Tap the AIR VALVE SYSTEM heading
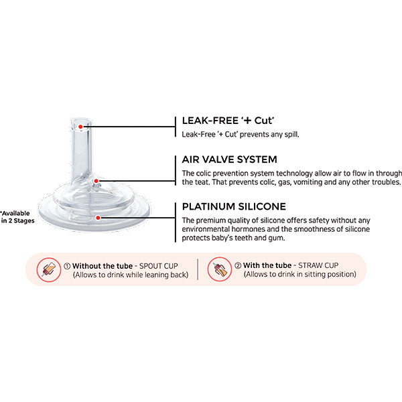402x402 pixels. click(x=229, y=160)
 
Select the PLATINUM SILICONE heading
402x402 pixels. click(x=234, y=206)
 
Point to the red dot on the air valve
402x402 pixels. click(x=97, y=181)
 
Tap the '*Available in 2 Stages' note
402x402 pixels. click(x=15, y=214)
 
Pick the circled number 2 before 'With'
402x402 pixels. click(x=238, y=266)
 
